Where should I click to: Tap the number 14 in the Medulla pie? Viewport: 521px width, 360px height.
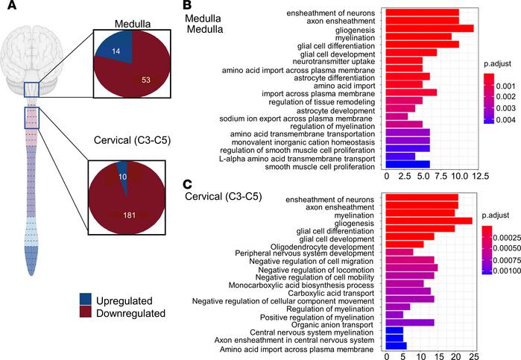pos(114,54)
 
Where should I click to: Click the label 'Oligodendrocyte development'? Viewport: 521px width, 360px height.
pos(322,244)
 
